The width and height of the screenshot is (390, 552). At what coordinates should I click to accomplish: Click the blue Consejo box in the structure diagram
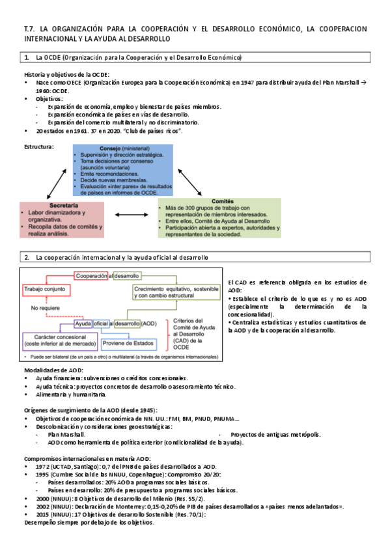(123, 170)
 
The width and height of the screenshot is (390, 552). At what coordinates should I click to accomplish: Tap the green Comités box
(219, 217)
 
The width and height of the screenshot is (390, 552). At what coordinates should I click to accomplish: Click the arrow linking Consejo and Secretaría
(57, 186)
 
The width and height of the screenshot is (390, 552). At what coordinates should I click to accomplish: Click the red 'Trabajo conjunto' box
(44, 287)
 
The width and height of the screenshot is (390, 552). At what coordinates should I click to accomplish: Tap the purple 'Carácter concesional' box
(60, 338)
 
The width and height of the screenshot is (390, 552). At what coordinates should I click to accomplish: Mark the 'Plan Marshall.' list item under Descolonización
(66, 434)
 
